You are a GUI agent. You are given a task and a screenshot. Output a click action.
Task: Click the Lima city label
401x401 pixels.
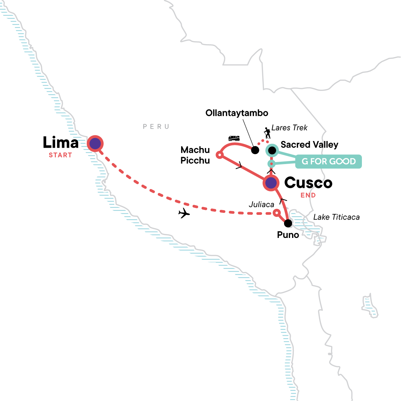tap(60, 143)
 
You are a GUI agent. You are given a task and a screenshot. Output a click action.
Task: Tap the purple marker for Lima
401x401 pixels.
tap(95, 144)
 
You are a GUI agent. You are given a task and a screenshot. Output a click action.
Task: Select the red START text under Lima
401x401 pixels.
tap(60, 155)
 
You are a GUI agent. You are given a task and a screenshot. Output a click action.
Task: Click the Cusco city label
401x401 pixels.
tap(308, 183)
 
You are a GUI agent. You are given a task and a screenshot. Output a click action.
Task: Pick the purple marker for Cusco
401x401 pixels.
tap(271, 183)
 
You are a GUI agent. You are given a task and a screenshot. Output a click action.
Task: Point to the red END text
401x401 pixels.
tap(308, 195)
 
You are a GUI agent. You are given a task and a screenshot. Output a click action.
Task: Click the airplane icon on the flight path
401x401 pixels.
tap(184, 213)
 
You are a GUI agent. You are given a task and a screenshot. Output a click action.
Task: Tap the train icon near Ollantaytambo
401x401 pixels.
tap(234, 138)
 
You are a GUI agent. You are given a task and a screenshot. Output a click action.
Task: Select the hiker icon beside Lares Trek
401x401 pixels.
tap(267, 133)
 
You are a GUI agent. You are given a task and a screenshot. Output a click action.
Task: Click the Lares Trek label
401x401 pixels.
tap(289, 128)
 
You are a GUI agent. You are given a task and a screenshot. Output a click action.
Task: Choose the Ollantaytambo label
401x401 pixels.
tap(237, 113)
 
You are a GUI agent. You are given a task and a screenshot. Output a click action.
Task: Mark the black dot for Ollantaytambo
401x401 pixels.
tap(255, 150)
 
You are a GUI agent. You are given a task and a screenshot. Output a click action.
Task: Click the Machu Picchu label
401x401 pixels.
tap(195, 155)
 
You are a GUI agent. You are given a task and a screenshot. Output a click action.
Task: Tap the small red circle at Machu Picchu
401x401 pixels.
tap(219, 155)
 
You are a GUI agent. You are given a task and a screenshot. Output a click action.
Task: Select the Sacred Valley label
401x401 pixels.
tap(309, 145)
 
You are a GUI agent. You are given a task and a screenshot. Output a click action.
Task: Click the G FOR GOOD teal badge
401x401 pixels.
tap(328, 161)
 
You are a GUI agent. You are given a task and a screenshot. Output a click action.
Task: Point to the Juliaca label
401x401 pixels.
tap(261, 205)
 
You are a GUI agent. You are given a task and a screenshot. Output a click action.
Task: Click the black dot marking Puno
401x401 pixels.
tap(288, 223)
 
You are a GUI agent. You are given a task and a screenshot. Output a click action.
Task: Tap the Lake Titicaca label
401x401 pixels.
tap(336, 217)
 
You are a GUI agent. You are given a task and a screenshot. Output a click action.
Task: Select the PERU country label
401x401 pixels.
tap(156, 127)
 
